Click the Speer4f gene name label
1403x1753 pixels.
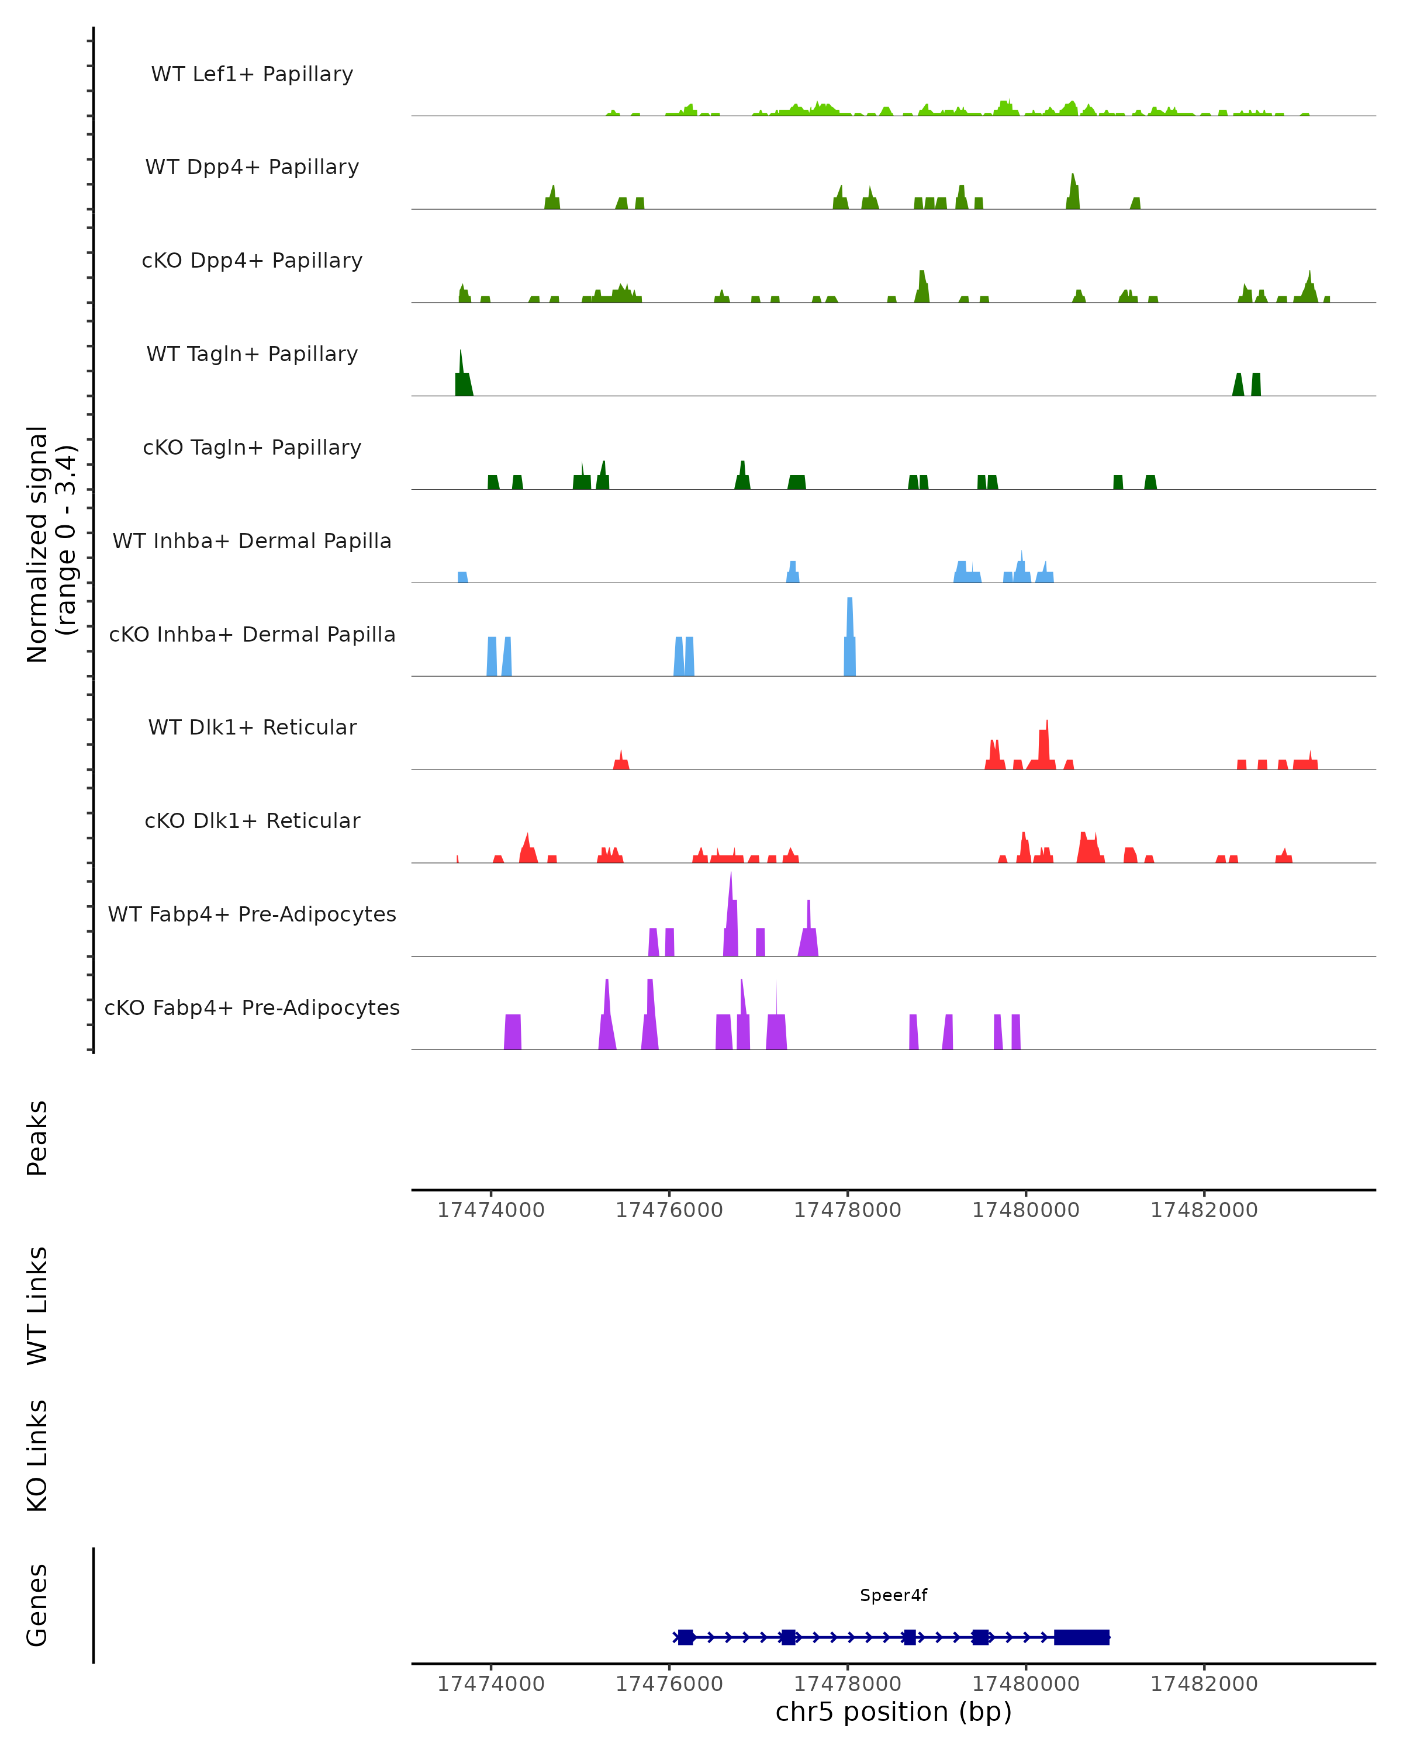[x=893, y=1595]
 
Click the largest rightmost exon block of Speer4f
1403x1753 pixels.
[x=1081, y=1637]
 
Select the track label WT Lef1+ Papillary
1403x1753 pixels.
[x=252, y=74]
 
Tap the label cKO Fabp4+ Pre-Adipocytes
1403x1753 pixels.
[x=252, y=1007]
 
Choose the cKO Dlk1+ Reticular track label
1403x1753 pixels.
[x=252, y=820]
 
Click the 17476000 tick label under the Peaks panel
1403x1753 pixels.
[x=669, y=1210]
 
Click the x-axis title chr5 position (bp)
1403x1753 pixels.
[x=893, y=1712]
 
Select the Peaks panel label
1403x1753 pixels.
[x=37, y=1138]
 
